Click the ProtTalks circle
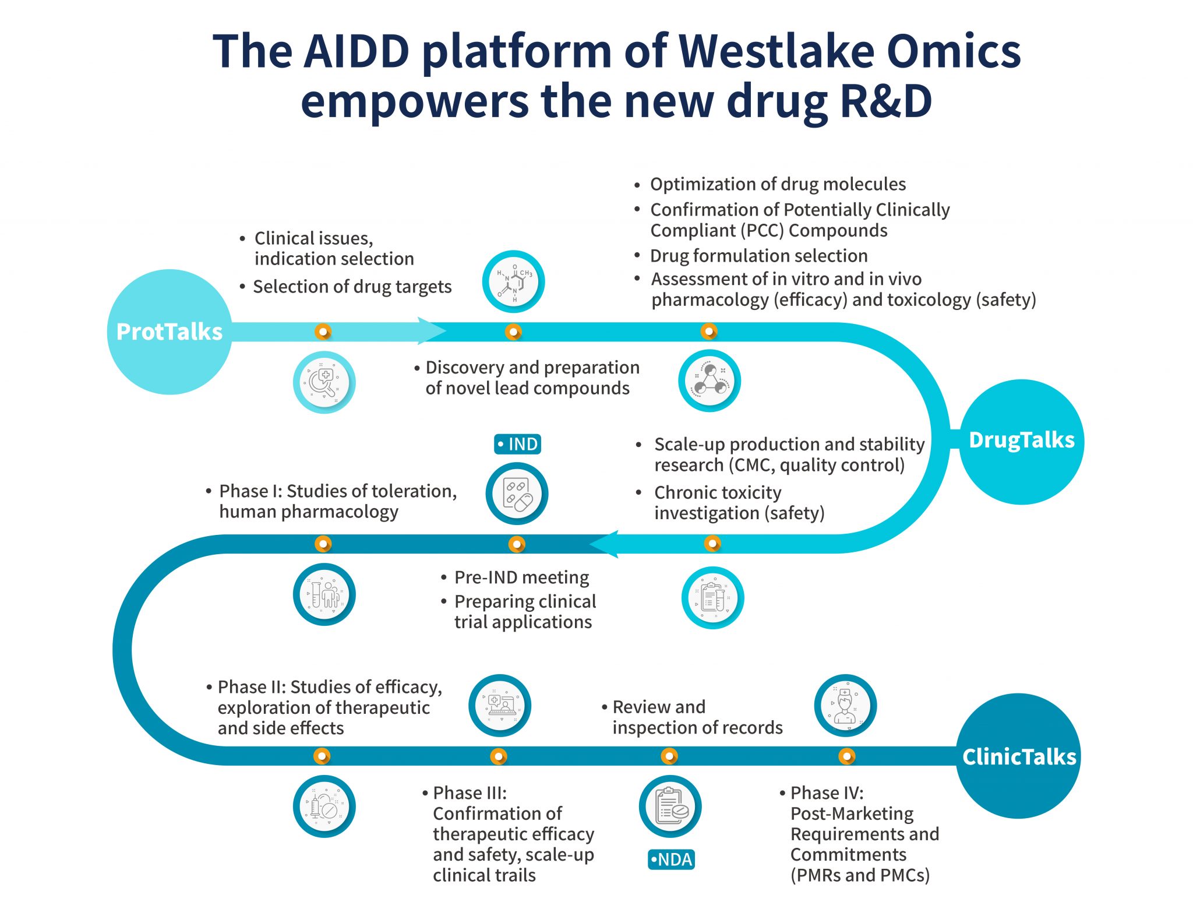[169, 332]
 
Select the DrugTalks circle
[1021, 441]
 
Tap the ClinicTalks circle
[1018, 756]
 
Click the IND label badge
[517, 444]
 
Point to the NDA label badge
[671, 859]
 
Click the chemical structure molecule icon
[513, 281]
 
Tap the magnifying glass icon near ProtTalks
[324, 382]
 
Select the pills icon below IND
[517, 494]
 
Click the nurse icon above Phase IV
[845, 706]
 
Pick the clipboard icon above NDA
[670, 806]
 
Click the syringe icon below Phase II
[324, 806]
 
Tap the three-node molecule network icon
[709, 381]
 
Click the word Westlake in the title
[776, 51]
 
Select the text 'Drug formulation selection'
[758, 256]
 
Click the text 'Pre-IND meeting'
[521, 577]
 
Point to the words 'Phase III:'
[470, 793]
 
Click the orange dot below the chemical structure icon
[513, 332]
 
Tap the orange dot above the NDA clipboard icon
[669, 756]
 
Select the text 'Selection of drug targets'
[352, 287]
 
